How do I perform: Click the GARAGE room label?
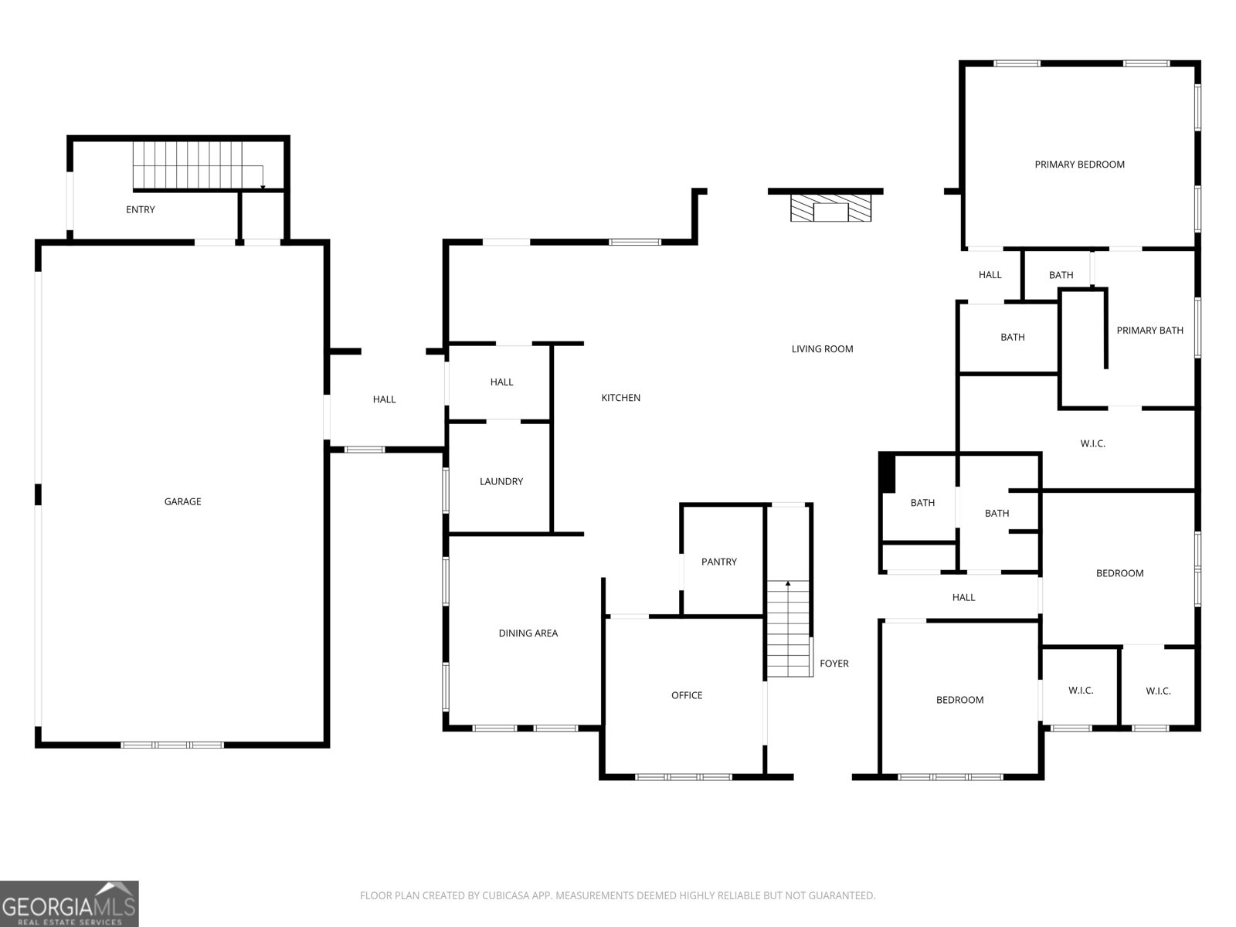(x=182, y=501)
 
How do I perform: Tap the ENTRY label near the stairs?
(x=141, y=209)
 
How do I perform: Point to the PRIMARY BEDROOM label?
(x=1079, y=165)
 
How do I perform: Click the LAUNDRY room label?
(x=501, y=481)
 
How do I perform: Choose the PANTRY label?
(x=718, y=562)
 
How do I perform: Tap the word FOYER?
(x=834, y=664)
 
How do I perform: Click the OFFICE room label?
(x=687, y=696)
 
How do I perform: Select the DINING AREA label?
(x=528, y=633)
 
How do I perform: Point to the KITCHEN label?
(x=620, y=398)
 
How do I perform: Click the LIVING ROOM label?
(x=822, y=349)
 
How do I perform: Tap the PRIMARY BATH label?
(x=1149, y=331)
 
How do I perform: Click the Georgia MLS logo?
(x=70, y=904)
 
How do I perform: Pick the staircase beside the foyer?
(x=789, y=628)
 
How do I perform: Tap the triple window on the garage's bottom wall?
(x=172, y=745)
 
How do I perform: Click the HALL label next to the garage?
(x=384, y=399)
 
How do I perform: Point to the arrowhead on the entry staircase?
(x=263, y=187)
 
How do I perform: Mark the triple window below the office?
(x=684, y=777)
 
